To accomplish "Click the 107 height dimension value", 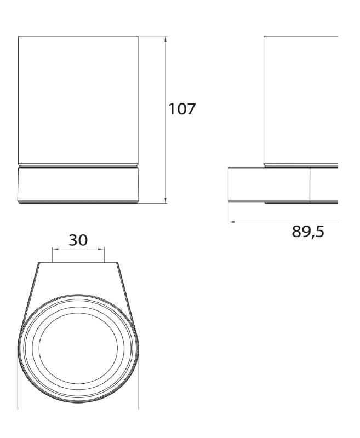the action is click(x=182, y=108).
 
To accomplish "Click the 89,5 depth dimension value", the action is click(x=308, y=232).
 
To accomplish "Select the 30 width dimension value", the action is click(x=78, y=240).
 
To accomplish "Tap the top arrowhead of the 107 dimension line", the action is click(x=165, y=39).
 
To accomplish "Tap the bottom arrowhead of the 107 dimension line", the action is click(x=165, y=200).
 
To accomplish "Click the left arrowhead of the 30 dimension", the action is click(x=55, y=249).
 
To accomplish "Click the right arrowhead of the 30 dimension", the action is click(x=101, y=249).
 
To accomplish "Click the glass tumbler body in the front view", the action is click(x=78, y=100).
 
